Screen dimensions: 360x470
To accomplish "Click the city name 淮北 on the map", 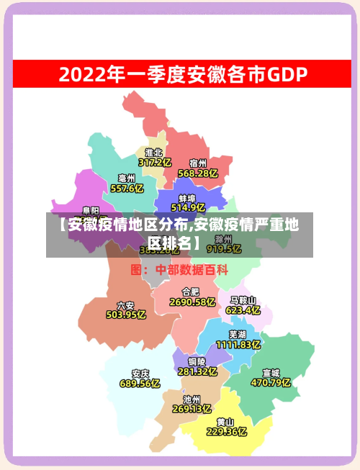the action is pyautogui.click(x=153, y=153).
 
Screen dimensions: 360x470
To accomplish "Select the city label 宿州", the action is pyautogui.click(x=198, y=163).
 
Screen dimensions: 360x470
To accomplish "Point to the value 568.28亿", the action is pyautogui.click(x=198, y=173).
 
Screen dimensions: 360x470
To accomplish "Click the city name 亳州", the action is pyautogui.click(x=127, y=178).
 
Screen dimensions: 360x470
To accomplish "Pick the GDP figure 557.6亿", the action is pyautogui.click(x=127, y=189).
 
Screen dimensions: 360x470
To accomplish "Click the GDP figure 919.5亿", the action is pyautogui.click(x=224, y=249).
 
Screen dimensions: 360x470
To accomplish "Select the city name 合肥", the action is pyautogui.click(x=191, y=292).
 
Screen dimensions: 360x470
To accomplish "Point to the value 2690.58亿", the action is pyautogui.click(x=192, y=302).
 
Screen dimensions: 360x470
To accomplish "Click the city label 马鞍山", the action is pyautogui.click(x=243, y=300).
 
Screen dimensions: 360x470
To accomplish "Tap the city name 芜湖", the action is pyautogui.click(x=238, y=334).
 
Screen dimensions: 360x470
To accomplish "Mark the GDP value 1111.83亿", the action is pyautogui.click(x=238, y=345).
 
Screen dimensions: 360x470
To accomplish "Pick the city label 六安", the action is pyautogui.click(x=125, y=304).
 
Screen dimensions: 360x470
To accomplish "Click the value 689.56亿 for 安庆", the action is pyautogui.click(x=140, y=384).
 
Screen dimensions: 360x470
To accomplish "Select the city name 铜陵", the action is pyautogui.click(x=197, y=361).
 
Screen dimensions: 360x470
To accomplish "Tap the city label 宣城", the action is pyautogui.click(x=271, y=373).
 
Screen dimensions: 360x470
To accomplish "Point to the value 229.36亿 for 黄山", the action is pyautogui.click(x=226, y=432).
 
